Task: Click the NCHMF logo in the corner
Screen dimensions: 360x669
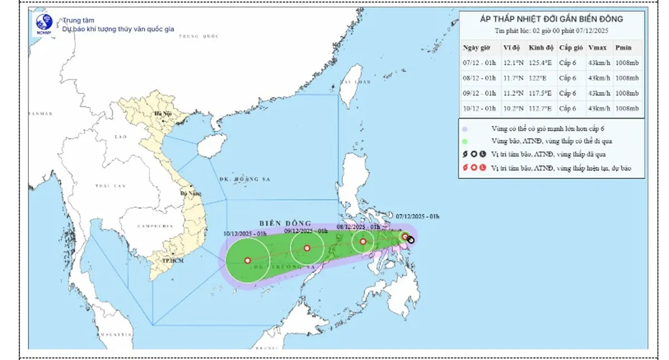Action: (x=44, y=23)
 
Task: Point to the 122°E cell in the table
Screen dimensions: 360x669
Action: (x=537, y=78)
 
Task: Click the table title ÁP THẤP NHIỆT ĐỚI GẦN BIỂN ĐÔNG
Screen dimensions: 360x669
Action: (x=551, y=20)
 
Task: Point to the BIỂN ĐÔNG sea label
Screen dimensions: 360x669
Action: (x=285, y=222)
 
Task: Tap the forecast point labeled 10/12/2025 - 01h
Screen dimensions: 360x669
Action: (x=248, y=260)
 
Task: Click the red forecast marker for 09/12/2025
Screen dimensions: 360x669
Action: (x=307, y=248)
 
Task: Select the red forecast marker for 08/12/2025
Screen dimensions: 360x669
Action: (x=363, y=241)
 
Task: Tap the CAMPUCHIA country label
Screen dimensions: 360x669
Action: (x=154, y=227)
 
